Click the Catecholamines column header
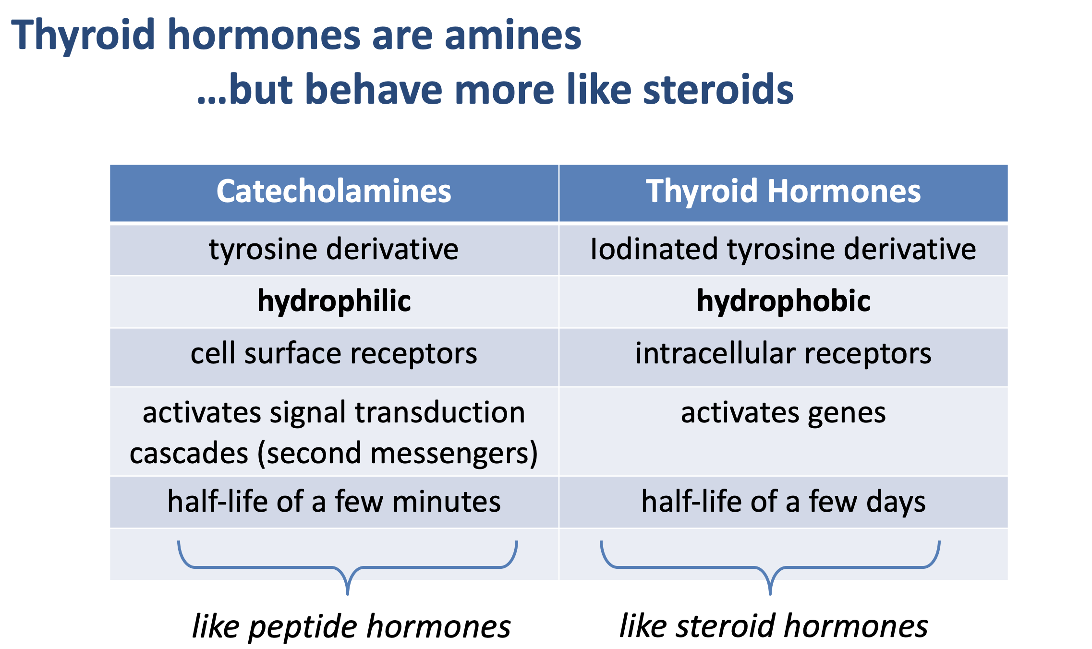[x=334, y=191]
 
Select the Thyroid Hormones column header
[x=783, y=191]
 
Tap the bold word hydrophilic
[x=334, y=301]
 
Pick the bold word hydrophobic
[x=784, y=301]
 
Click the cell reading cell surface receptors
[x=334, y=353]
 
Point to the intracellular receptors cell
[x=783, y=353]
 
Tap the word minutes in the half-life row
[x=447, y=502]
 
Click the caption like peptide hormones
[x=351, y=626]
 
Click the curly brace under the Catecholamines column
[x=348, y=567]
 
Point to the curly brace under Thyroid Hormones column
[x=770, y=567]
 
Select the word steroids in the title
[x=718, y=89]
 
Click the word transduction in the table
[x=440, y=413]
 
